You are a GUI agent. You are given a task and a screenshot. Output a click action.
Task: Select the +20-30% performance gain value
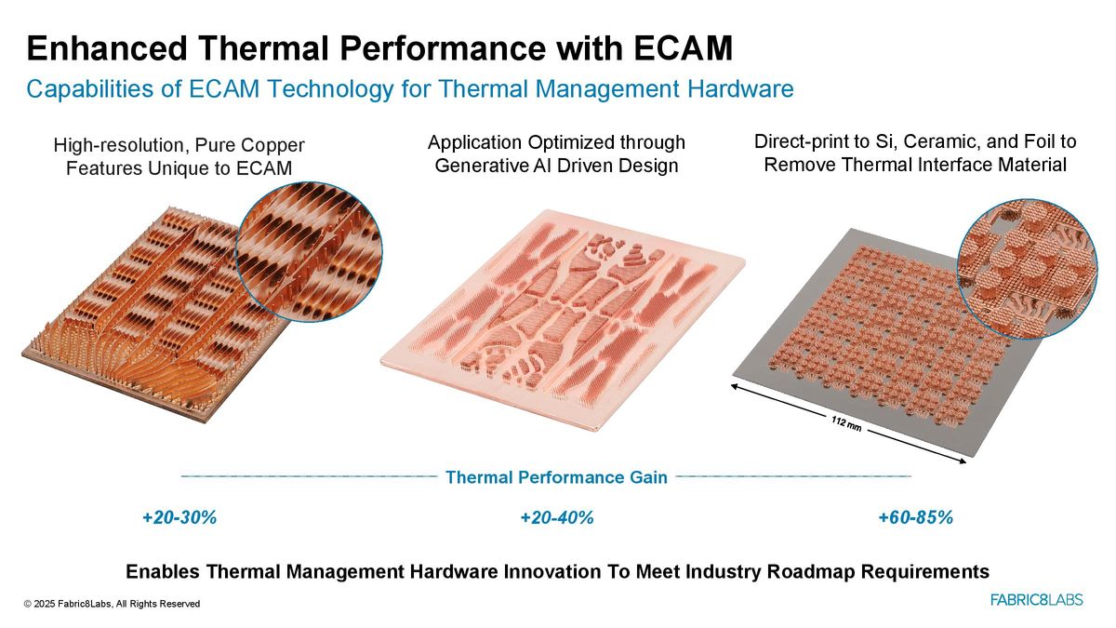pos(179,518)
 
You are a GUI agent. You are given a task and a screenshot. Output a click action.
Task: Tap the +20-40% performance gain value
pos(557,518)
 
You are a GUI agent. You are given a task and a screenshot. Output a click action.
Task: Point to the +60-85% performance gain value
pos(915,518)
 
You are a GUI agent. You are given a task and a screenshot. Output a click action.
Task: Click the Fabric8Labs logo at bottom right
pos(1036,600)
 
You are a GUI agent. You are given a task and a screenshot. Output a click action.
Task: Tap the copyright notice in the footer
pos(113,604)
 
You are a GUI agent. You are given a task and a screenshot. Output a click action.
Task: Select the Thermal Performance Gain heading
pos(556,477)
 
